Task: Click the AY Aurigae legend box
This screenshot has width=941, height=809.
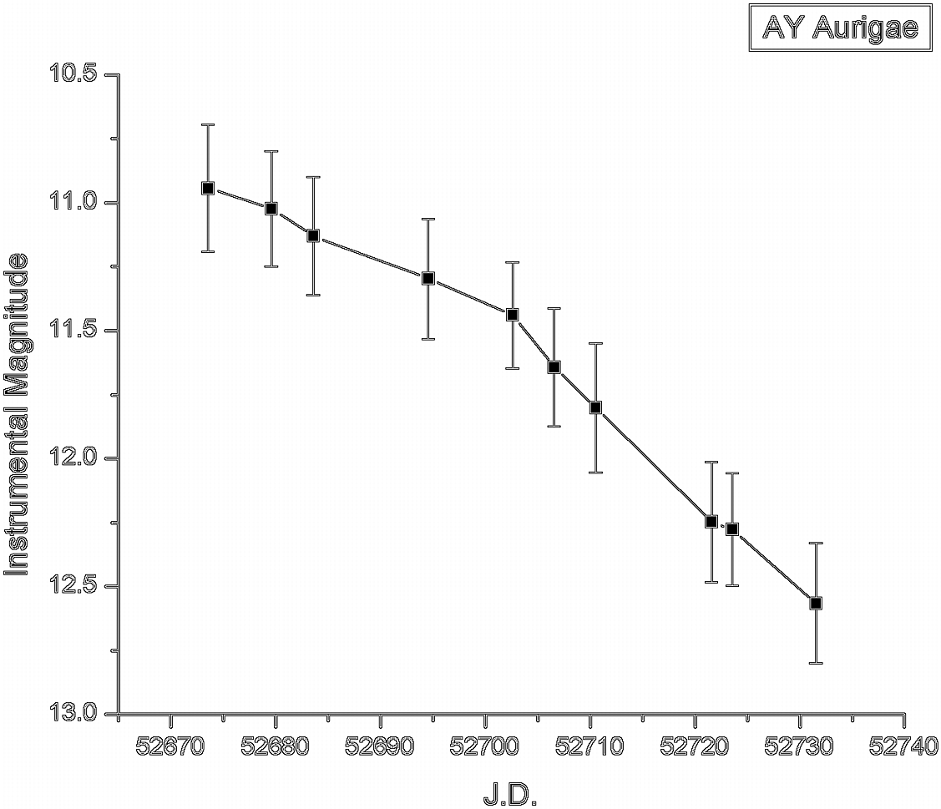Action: (840, 29)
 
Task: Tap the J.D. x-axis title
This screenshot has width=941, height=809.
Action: (509, 794)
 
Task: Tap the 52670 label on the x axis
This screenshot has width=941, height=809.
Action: (171, 746)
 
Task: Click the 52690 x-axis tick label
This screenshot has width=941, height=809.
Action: (381, 746)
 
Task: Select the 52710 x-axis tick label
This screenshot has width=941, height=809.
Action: (590, 746)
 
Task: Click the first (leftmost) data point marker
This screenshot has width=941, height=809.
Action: (208, 188)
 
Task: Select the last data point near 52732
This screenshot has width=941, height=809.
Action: (816, 603)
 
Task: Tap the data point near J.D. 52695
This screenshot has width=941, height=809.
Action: (427, 278)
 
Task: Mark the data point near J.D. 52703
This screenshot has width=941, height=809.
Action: (512, 315)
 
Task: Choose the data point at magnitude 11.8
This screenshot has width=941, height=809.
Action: (595, 407)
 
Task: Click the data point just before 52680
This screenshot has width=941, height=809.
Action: (271, 209)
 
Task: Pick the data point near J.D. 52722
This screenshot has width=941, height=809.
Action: (711, 522)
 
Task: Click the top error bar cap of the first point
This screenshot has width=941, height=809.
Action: (208, 124)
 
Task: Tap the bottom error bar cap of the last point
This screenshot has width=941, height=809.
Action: (816, 663)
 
